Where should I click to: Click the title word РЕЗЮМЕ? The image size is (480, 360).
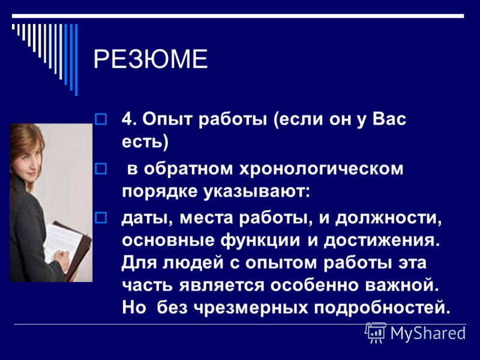151,59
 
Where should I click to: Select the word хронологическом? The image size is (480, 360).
321,169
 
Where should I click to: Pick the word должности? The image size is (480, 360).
388,219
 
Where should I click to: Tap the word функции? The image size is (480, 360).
260,241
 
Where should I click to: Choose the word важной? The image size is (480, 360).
402,285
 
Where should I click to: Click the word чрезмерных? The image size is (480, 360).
251,308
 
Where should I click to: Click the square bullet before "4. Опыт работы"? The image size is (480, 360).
101,119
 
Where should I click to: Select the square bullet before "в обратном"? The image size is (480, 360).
101,169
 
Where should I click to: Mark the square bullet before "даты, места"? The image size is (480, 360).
101,218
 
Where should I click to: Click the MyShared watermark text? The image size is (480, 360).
428,333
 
